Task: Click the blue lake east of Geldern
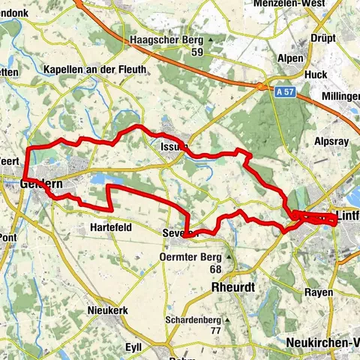tap(100, 178)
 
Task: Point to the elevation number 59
tap(197, 52)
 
